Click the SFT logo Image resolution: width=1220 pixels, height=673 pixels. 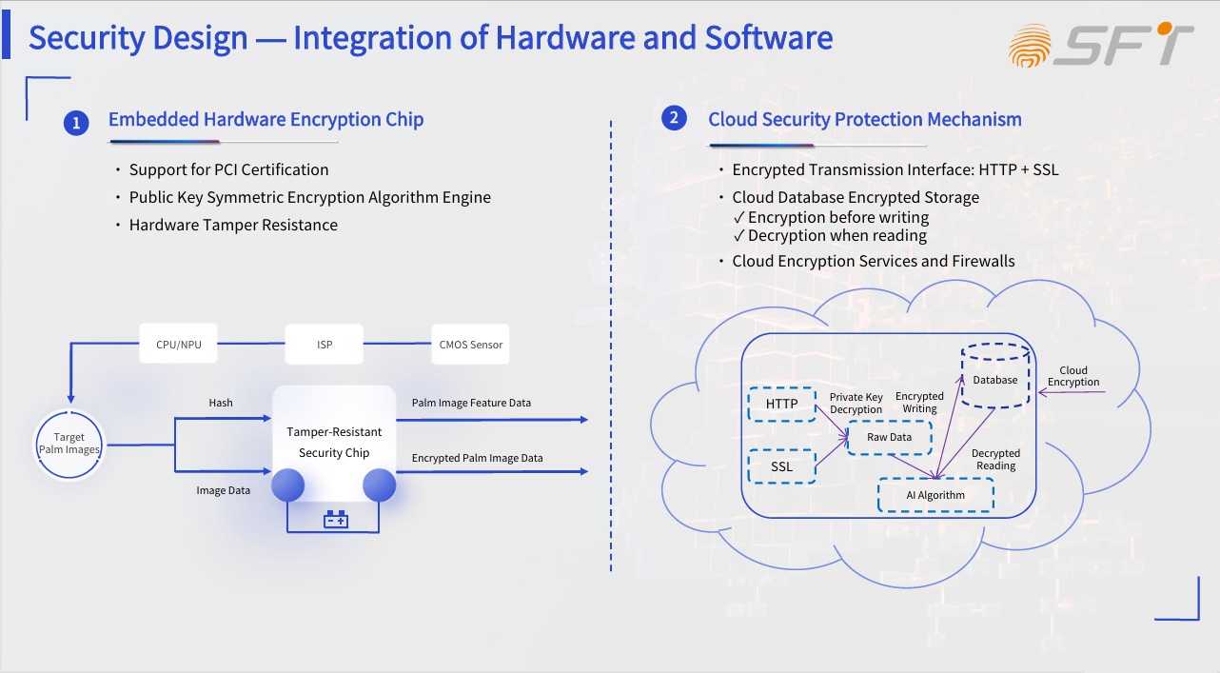[x=1101, y=45]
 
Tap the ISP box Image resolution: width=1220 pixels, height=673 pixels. [x=324, y=344]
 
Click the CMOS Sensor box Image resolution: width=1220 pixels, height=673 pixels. [x=470, y=344]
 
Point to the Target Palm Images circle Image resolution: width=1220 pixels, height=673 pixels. [x=69, y=445]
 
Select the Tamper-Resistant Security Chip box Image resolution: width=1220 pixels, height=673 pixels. [x=334, y=442]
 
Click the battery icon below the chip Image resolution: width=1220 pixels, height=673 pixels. [x=335, y=520]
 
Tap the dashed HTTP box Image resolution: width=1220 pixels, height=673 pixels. [x=782, y=405]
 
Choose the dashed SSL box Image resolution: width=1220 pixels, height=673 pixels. [x=781, y=466]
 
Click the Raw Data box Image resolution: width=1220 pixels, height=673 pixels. [x=889, y=437]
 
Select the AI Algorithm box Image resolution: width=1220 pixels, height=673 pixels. [x=935, y=495]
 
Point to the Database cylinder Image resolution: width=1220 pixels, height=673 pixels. [x=995, y=377]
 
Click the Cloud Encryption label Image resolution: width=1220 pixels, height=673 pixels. [x=1073, y=376]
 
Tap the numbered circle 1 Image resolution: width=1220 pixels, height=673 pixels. [x=76, y=122]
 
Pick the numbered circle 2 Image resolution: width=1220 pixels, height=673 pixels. [x=674, y=118]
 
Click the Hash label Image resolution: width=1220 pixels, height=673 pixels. [x=221, y=403]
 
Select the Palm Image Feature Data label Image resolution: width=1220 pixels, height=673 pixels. [x=471, y=403]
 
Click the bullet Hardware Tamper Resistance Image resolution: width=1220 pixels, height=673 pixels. [x=233, y=225]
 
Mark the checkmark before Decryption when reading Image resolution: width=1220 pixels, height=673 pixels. [x=738, y=236]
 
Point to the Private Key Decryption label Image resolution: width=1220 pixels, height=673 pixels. [x=856, y=403]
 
